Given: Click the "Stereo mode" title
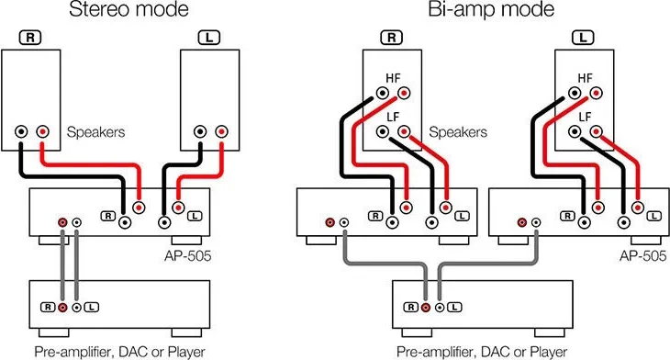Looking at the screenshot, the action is tap(128, 9).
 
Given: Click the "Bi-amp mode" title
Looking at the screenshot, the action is tap(491, 9).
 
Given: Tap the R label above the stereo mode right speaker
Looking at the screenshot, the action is tap(30, 38).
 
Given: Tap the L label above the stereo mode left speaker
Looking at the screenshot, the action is tap(209, 38).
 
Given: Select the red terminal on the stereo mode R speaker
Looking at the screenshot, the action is tap(42, 131).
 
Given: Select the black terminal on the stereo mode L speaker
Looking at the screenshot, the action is tap(200, 131).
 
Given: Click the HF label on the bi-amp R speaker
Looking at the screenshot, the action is tap(393, 78).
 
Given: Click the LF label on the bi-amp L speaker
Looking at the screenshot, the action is tap(585, 117).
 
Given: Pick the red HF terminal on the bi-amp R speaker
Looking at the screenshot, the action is tap(403, 93).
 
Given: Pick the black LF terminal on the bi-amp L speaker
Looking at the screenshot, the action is tap(575, 131).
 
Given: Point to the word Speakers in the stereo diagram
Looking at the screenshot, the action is tap(95, 131).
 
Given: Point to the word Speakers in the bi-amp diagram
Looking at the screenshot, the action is tap(458, 131).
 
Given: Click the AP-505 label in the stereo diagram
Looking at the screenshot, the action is tap(187, 255).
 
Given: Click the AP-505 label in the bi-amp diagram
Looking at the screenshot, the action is tap(642, 255).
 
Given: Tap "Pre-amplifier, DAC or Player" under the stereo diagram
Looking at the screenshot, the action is tap(119, 352).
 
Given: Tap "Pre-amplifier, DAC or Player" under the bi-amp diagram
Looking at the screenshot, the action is tap(482, 352).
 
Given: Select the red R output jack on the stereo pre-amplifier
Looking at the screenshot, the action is tap(62, 307).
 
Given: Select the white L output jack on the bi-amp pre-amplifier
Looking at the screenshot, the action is tap(440, 307).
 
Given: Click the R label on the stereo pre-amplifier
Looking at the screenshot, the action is tap(48, 307).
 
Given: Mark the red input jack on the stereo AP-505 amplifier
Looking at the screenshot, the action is tap(62, 222).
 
